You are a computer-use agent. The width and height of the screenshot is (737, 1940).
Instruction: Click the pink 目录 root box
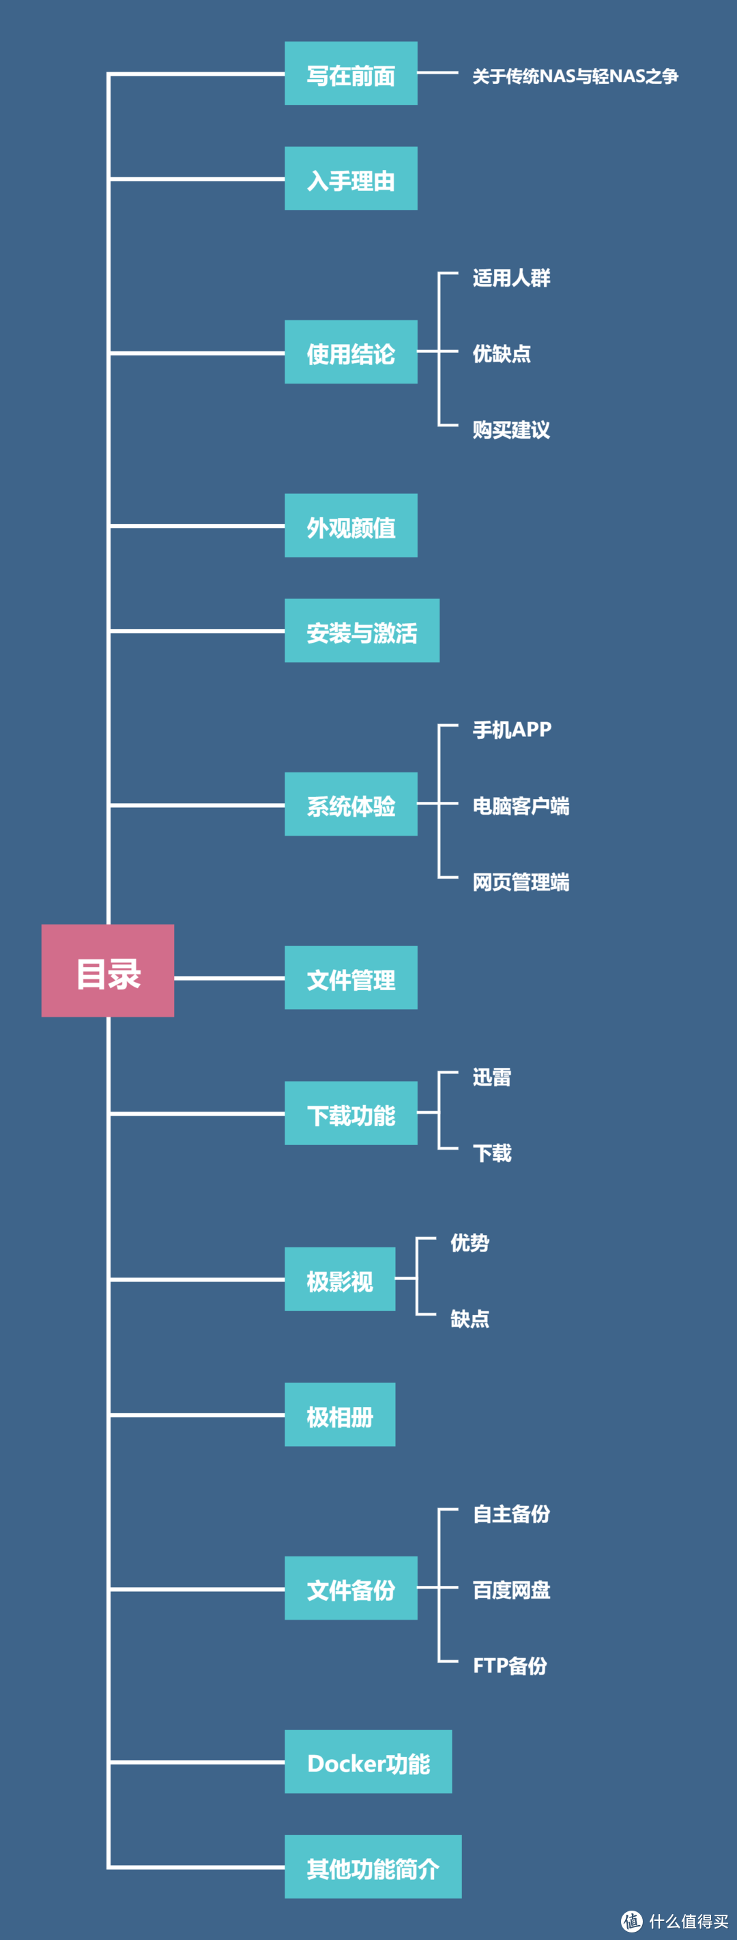108,970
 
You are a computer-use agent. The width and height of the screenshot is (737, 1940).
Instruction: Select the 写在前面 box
351,74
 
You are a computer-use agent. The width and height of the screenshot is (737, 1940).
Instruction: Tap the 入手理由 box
351,179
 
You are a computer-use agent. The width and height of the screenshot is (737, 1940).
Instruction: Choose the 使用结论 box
351,351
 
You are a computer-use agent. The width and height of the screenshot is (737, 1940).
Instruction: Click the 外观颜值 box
351,525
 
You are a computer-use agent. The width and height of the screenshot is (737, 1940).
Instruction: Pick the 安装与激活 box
362,631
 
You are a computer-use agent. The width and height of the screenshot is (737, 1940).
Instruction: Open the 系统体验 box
351,804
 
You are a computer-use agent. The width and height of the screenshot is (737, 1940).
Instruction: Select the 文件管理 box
351,978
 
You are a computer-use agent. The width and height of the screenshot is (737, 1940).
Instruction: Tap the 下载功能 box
351,1113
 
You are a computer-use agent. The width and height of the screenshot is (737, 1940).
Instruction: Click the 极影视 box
340,1279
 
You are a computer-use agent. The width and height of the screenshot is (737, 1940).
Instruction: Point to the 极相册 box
340,1415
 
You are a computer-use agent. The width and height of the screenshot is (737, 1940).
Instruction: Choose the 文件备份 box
351,1587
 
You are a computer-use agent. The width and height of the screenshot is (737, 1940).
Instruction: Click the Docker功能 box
368,1761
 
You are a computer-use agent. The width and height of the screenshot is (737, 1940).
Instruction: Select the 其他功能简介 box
373,1866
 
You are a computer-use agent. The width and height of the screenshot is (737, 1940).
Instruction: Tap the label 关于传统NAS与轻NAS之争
575,76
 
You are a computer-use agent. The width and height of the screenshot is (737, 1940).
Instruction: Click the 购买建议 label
511,430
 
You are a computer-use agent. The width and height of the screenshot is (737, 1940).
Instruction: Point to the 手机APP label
512,729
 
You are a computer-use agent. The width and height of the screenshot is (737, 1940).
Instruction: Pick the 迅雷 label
491,1077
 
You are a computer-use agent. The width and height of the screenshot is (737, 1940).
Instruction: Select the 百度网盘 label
511,1590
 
